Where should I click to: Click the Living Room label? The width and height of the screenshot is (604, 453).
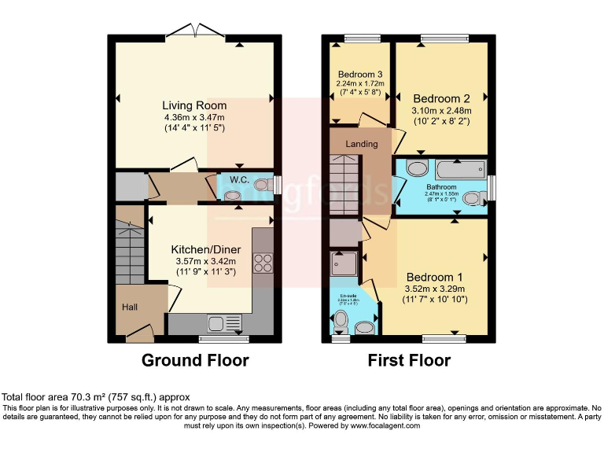(x=194, y=105)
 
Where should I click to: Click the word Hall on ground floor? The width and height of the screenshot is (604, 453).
(x=130, y=307)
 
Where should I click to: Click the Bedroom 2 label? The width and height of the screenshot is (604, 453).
(x=441, y=98)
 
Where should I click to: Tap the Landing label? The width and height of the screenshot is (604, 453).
(x=361, y=144)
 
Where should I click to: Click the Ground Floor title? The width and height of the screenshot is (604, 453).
(x=195, y=361)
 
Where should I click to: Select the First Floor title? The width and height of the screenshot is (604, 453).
(x=409, y=361)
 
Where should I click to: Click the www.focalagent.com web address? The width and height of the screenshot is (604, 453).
(x=385, y=425)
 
